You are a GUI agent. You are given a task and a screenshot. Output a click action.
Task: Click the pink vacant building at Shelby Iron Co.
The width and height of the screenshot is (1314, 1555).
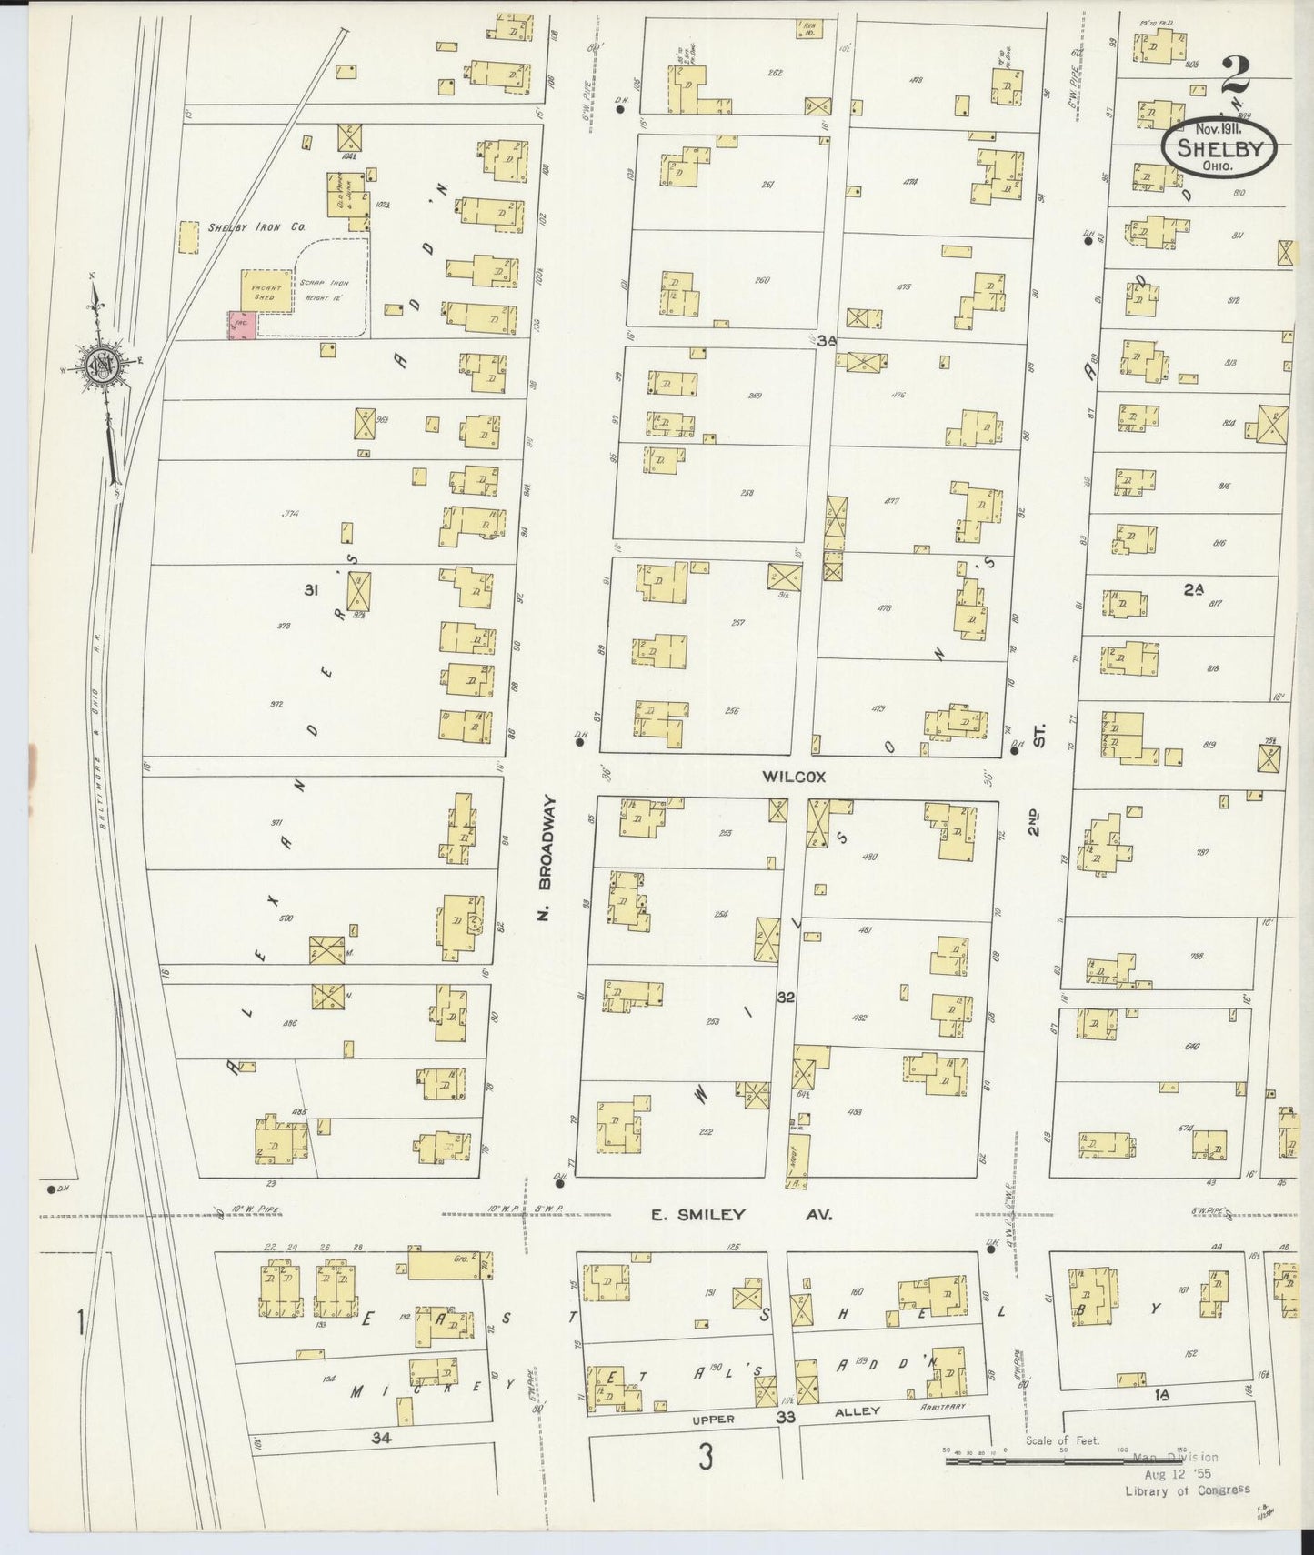coord(240,326)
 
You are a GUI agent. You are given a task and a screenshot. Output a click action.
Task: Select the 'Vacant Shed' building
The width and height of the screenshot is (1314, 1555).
coord(266,291)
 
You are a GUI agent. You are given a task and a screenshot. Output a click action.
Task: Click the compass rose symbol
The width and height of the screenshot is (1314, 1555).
coord(102,364)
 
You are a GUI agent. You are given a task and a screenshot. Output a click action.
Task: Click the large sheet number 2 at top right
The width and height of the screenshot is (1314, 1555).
coord(1234,75)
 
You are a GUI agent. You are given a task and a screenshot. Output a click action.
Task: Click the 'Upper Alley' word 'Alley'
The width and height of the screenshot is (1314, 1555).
coord(858,1411)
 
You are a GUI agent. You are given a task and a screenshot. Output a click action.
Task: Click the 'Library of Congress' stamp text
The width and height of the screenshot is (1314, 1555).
coord(1187,1490)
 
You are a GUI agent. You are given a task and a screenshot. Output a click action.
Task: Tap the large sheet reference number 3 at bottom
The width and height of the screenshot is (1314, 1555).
coord(705,1457)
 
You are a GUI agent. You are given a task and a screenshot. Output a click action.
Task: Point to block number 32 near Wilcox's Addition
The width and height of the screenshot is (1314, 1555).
coord(786,998)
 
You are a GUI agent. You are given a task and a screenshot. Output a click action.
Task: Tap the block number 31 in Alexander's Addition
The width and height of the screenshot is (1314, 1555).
coord(310,590)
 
